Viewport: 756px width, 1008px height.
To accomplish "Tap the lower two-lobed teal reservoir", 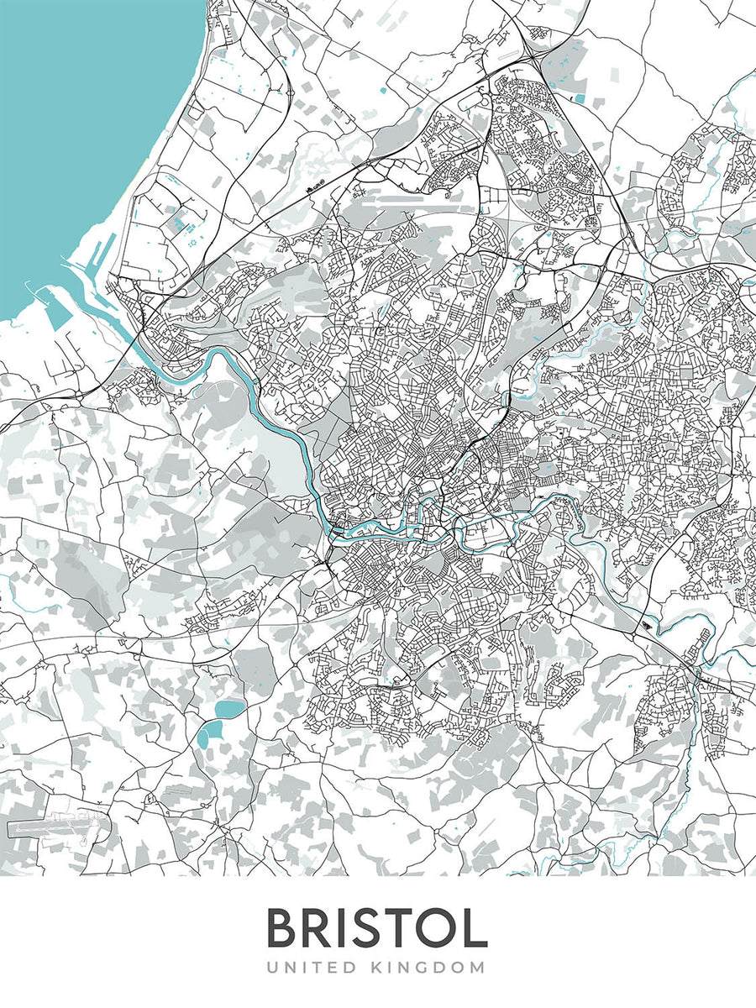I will [207, 734].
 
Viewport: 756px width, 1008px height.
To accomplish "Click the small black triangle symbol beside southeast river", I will [645, 626].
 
